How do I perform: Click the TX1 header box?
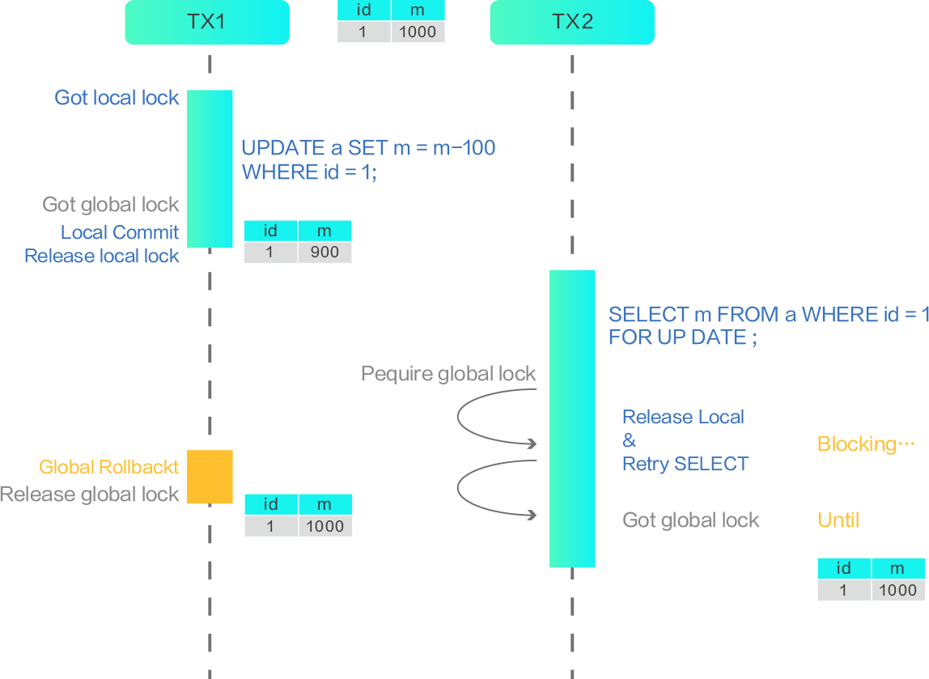[206, 22]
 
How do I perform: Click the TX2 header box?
[572, 22]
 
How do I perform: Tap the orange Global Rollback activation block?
[210, 477]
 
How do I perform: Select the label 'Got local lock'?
[117, 98]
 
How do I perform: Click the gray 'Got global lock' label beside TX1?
[111, 205]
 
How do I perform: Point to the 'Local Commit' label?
[120, 233]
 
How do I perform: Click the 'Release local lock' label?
[102, 257]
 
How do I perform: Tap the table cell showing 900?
[325, 253]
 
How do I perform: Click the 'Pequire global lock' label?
[448, 374]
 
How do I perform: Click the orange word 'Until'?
[838, 520]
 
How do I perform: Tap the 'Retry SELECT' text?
[685, 464]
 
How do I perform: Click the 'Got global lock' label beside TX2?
[691, 520]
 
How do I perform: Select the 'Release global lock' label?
[90, 494]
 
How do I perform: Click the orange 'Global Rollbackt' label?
[109, 468]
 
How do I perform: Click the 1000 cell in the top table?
[418, 32]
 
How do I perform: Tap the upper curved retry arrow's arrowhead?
[532, 443]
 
